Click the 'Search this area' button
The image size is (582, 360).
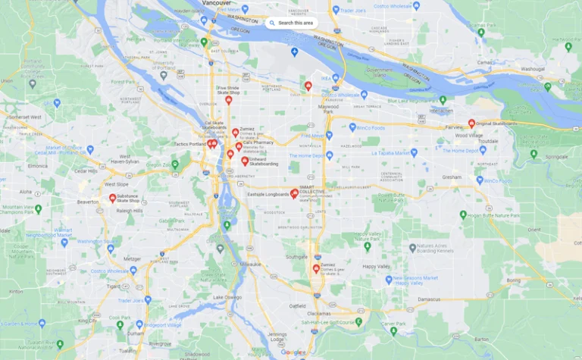(x=291, y=23)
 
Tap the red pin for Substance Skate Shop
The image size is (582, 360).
(x=113, y=198)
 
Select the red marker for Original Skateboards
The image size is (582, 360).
(x=471, y=123)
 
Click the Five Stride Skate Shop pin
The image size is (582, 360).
(x=228, y=99)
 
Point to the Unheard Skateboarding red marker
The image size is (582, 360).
(x=244, y=160)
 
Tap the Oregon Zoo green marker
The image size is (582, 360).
(x=175, y=164)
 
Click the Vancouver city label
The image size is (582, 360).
(x=217, y=3)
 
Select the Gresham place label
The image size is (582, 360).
(x=452, y=177)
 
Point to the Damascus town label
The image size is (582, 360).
(x=428, y=299)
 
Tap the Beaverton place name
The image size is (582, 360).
(x=88, y=202)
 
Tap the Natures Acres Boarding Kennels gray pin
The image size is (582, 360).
(x=412, y=248)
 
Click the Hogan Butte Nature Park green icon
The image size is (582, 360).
(x=463, y=214)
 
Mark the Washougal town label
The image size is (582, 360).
(x=533, y=69)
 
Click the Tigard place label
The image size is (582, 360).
(x=113, y=286)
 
